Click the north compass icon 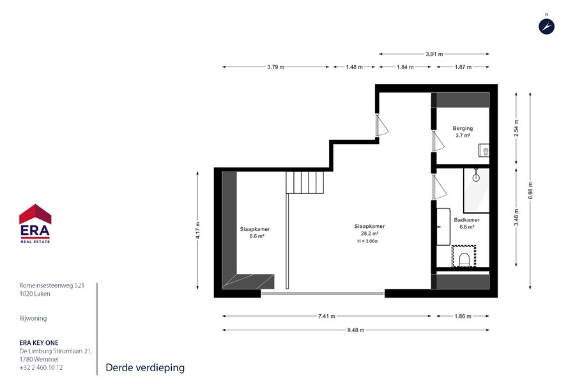(x=546, y=26)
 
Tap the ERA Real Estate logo (x=35, y=223)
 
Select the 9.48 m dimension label (x=356, y=330)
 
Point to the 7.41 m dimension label (x=326, y=316)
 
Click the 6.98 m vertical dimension (x=530, y=191)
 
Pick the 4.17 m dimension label (x=197, y=230)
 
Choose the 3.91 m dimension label (x=434, y=54)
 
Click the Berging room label (x=463, y=128)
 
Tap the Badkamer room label (x=467, y=220)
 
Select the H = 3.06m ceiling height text (x=368, y=241)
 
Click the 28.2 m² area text (x=370, y=234)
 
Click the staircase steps (x=305, y=182)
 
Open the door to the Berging (x=438, y=141)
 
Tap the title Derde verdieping (x=145, y=367)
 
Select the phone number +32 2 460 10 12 (x=41, y=367)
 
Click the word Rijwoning (x=33, y=318)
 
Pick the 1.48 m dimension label (x=354, y=67)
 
